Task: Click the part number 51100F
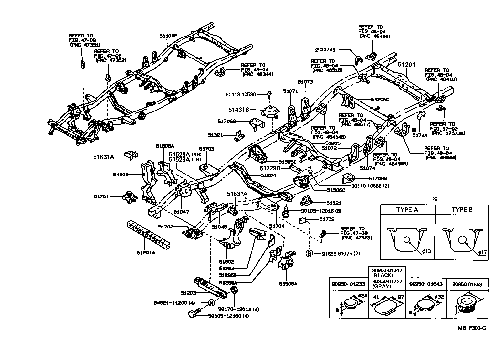click(168, 36)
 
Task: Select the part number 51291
click(406, 65)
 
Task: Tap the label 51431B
click(238, 110)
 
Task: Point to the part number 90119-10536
click(241, 94)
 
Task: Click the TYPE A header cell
click(407, 209)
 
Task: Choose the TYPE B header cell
click(462, 209)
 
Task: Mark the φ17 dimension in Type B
click(482, 252)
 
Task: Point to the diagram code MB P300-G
click(471, 328)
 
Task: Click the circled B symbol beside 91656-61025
click(309, 254)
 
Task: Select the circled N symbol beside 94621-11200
click(211, 303)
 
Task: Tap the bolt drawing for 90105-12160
click(194, 313)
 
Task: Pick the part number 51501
click(121, 175)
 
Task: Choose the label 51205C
click(380, 99)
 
